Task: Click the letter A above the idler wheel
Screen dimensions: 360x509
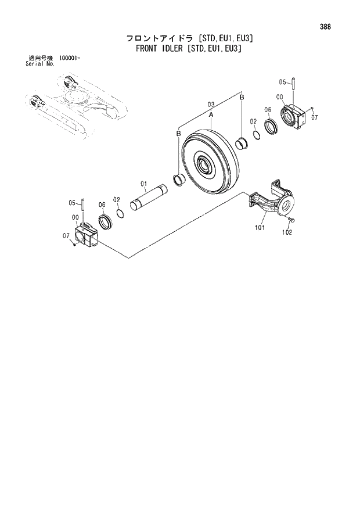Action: click(x=211, y=114)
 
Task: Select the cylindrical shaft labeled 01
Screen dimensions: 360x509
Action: click(x=150, y=198)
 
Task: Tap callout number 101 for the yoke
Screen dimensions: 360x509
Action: click(x=259, y=228)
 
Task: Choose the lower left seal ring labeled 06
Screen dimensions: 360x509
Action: click(x=105, y=221)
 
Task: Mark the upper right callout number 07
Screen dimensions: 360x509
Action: click(x=315, y=117)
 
